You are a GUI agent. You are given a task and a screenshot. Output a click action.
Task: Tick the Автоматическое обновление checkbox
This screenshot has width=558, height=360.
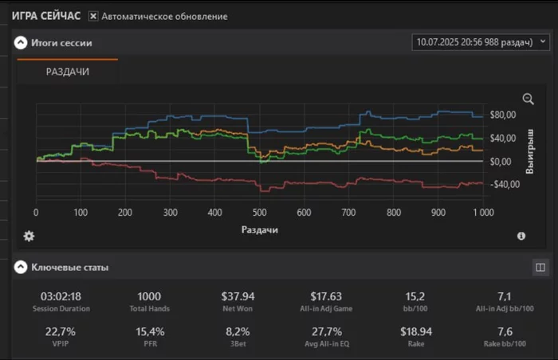pyautogui.click(x=93, y=16)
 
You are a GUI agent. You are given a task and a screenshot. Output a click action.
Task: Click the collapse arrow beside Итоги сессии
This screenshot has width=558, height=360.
pyautogui.click(x=21, y=43)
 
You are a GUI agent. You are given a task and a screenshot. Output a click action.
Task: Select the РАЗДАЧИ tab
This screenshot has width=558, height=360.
pyautogui.click(x=67, y=72)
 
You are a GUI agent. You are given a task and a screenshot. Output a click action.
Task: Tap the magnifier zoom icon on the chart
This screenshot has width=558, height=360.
pyautogui.click(x=528, y=99)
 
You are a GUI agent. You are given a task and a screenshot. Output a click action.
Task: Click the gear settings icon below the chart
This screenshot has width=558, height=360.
pyautogui.click(x=29, y=236)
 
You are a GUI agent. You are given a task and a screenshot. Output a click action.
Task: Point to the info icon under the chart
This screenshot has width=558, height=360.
pyautogui.click(x=521, y=236)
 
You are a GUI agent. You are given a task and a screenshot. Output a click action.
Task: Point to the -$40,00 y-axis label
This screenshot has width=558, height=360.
pyautogui.click(x=505, y=185)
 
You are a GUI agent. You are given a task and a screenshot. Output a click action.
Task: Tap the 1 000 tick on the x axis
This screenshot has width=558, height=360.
pyautogui.click(x=482, y=213)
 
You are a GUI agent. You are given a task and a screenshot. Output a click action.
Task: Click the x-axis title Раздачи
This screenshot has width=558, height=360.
pyautogui.click(x=259, y=229)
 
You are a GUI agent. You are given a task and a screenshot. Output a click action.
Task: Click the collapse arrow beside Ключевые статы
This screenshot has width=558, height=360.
pyautogui.click(x=21, y=268)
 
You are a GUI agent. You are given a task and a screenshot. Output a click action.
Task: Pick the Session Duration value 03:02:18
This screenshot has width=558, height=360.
pyautogui.click(x=61, y=297)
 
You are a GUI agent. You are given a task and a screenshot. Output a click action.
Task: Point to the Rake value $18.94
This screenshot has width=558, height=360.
pyautogui.click(x=415, y=331)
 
